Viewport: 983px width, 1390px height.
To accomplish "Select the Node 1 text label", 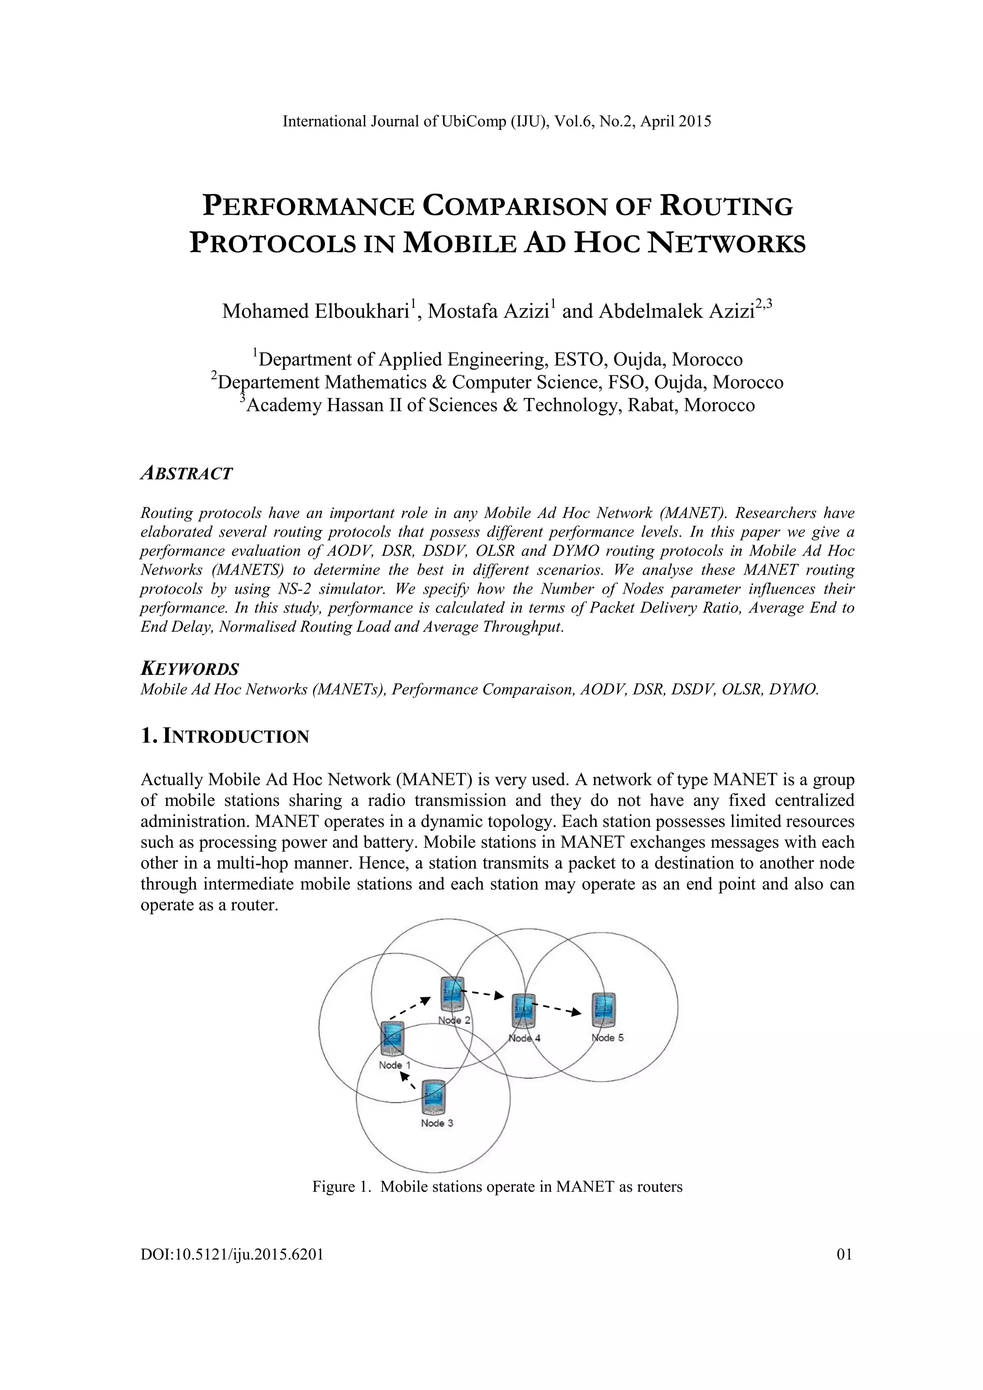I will (395, 1065).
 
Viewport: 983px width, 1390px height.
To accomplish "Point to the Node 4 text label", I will (524, 1038).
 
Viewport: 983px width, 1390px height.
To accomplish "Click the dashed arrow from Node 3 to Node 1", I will (408, 1080).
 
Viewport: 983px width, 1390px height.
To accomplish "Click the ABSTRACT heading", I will (186, 473).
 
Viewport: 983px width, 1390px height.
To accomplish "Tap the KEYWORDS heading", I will (190, 669).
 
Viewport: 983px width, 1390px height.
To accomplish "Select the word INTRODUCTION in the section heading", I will (237, 737).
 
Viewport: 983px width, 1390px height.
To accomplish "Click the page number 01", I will (844, 1254).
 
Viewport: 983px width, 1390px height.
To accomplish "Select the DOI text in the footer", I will (232, 1254).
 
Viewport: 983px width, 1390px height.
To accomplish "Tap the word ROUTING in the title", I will (726, 207).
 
